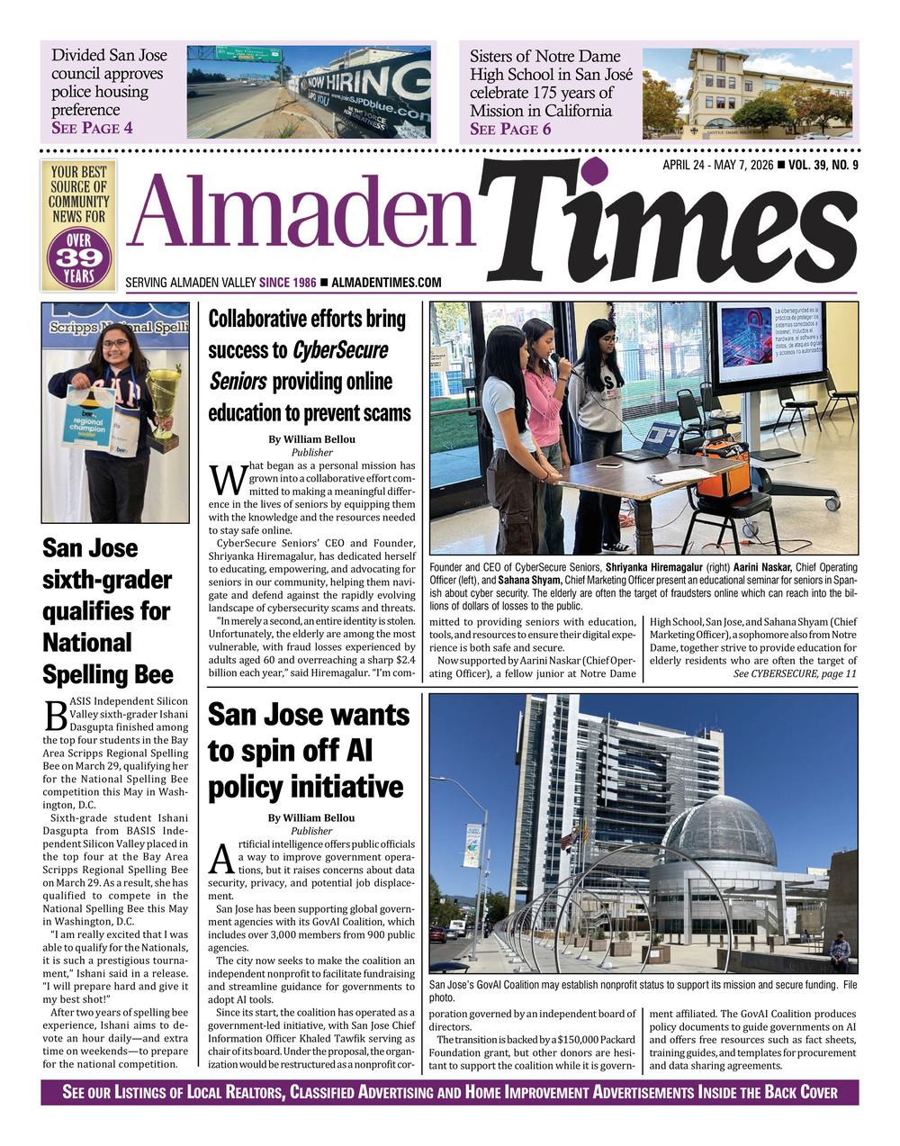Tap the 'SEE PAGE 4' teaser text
pyautogui.click(x=92, y=128)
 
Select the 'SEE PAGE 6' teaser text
pyautogui.click(x=510, y=129)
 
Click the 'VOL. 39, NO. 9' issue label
pyautogui.click(x=823, y=165)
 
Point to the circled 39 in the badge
pyautogui.click(x=78, y=256)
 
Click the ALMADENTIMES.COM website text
pyautogui.click(x=386, y=283)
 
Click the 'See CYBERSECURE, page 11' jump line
pyautogui.click(x=795, y=673)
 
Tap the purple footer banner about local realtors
pyautogui.click(x=449, y=1092)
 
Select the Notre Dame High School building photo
pyautogui.click(x=746, y=93)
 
